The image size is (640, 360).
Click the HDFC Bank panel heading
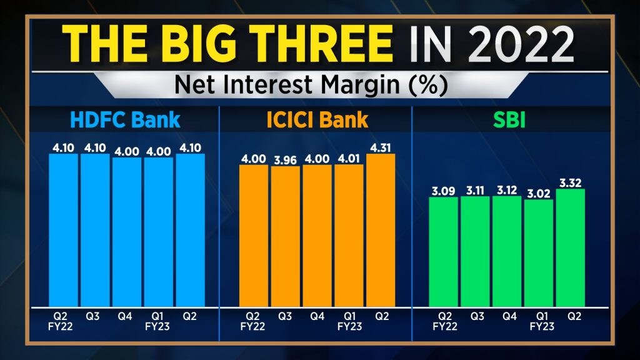coord(126,120)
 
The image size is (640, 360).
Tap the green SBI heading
coord(507,120)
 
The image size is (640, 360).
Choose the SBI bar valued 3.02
coord(538,253)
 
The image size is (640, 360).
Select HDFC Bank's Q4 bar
coord(127,231)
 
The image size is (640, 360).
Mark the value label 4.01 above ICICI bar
coord(349,159)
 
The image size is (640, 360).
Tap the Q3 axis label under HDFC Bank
coord(95,317)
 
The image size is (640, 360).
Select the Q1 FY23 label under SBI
coord(538,321)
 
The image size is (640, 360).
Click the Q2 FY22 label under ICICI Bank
coord(253,321)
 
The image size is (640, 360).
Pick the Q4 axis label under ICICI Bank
coord(317,317)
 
